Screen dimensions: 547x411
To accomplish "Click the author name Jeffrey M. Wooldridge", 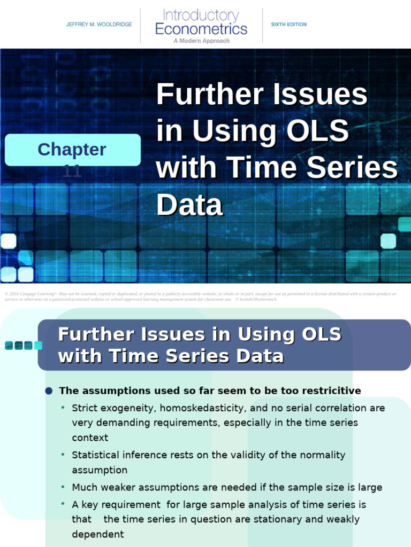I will coord(99,25).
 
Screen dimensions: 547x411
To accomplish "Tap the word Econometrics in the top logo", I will coord(201,28).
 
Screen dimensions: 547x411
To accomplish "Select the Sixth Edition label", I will coord(289,25).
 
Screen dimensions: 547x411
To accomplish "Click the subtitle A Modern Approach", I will coord(201,41).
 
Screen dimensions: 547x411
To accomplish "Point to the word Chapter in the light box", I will coord(72,150).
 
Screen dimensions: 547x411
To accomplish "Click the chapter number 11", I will coord(72,171).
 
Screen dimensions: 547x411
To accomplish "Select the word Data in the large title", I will coord(189,205).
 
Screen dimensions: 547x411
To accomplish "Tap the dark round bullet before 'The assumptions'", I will coord(49,391).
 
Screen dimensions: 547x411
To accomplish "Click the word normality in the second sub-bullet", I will coord(317,455).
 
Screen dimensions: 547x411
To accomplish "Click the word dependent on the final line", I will coord(98,534).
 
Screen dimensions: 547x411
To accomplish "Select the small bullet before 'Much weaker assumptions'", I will coord(63,487).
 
